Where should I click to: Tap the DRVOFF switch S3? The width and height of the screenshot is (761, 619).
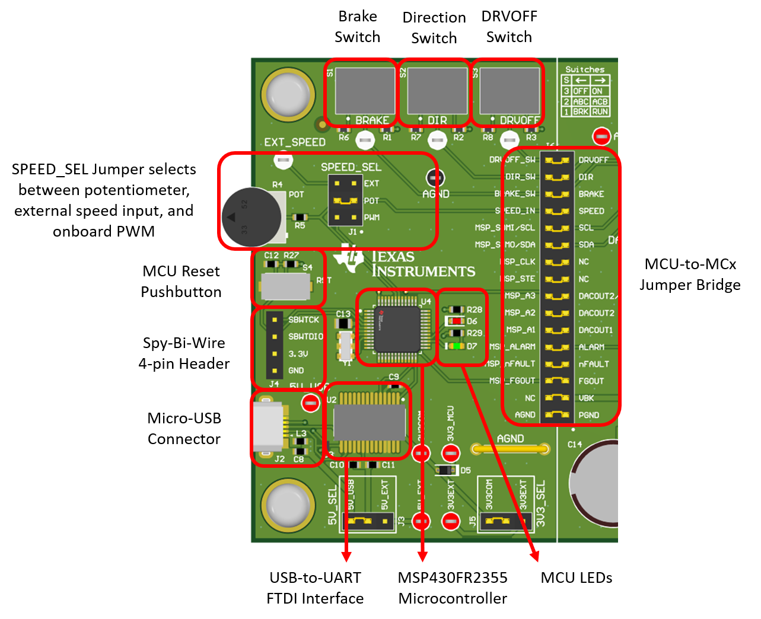(x=510, y=90)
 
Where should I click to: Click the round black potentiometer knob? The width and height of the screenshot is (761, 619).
(x=251, y=217)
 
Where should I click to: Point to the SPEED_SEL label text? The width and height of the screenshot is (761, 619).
(x=351, y=167)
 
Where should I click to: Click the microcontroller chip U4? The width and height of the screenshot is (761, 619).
(x=397, y=328)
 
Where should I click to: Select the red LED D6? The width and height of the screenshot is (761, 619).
(x=455, y=321)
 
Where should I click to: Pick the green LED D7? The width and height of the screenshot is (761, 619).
(x=455, y=346)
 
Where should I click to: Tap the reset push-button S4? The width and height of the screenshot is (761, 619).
(x=285, y=287)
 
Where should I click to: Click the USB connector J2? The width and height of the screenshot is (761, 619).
(x=269, y=427)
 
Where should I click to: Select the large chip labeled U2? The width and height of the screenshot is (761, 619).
(x=369, y=422)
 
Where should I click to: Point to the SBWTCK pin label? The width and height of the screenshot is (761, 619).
(x=304, y=320)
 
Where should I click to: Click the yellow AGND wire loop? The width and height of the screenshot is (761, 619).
(x=510, y=449)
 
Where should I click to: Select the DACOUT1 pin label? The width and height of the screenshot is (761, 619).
(x=596, y=330)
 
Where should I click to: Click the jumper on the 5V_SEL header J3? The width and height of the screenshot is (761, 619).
(x=359, y=522)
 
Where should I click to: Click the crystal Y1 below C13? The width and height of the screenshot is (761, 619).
(x=345, y=346)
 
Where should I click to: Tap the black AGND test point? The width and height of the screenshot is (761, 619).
(x=435, y=177)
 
